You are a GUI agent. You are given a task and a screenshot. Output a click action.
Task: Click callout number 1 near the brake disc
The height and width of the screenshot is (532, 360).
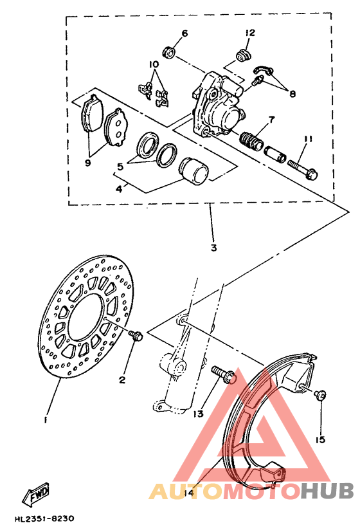[46, 419]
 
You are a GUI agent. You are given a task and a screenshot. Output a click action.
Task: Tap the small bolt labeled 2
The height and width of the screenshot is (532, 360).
[136, 335]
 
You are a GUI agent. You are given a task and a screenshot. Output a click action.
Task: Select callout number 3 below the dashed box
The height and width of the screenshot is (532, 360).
[213, 248]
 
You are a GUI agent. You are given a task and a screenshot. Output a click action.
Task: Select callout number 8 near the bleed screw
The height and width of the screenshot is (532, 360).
[292, 94]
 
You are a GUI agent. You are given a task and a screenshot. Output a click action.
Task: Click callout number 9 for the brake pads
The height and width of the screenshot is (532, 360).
[88, 163]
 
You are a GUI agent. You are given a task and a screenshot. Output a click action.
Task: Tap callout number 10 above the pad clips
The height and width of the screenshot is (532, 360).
[154, 65]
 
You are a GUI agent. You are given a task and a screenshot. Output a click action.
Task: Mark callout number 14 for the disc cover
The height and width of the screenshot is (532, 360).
[188, 493]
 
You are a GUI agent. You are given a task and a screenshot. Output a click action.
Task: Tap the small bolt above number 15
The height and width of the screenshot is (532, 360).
[321, 394]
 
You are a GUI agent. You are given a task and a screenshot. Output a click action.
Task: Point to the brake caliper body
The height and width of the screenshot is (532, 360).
[219, 106]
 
